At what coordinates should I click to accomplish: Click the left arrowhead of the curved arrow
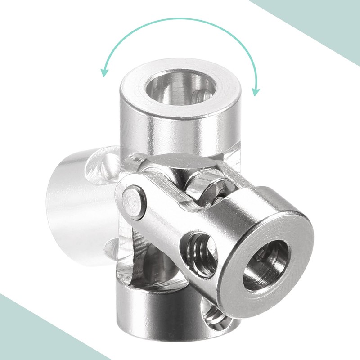(x=104, y=72)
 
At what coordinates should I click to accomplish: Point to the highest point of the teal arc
(x=180, y=19)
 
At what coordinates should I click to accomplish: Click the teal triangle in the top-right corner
(x=324, y=27)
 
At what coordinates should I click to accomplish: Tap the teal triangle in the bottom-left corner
(x=27, y=333)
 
